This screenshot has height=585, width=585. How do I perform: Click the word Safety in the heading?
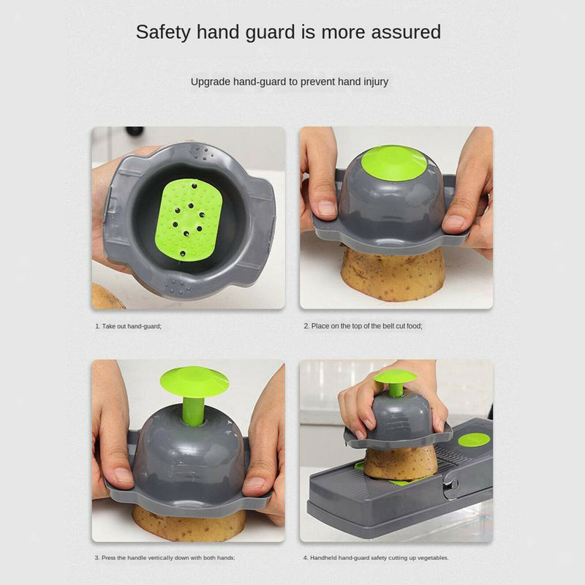(163, 32)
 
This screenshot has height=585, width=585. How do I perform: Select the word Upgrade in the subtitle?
(211, 82)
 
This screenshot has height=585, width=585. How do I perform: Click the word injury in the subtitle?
(376, 82)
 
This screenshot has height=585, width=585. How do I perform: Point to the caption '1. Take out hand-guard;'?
(129, 326)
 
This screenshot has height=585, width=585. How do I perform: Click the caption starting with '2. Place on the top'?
(363, 326)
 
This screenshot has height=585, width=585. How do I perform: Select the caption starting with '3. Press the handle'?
(165, 558)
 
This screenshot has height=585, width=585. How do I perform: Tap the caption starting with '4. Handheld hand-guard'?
(376, 558)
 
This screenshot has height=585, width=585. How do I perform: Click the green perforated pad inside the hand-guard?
(189, 219)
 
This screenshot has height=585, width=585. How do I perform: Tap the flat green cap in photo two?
(393, 162)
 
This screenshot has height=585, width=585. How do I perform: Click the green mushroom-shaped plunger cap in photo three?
(194, 382)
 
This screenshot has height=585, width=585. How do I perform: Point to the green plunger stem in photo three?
(193, 410)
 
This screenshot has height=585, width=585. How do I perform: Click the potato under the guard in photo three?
(189, 522)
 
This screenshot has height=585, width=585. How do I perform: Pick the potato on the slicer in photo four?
(401, 463)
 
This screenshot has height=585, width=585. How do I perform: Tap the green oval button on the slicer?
(474, 440)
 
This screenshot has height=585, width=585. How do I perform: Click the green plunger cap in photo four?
(395, 376)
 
